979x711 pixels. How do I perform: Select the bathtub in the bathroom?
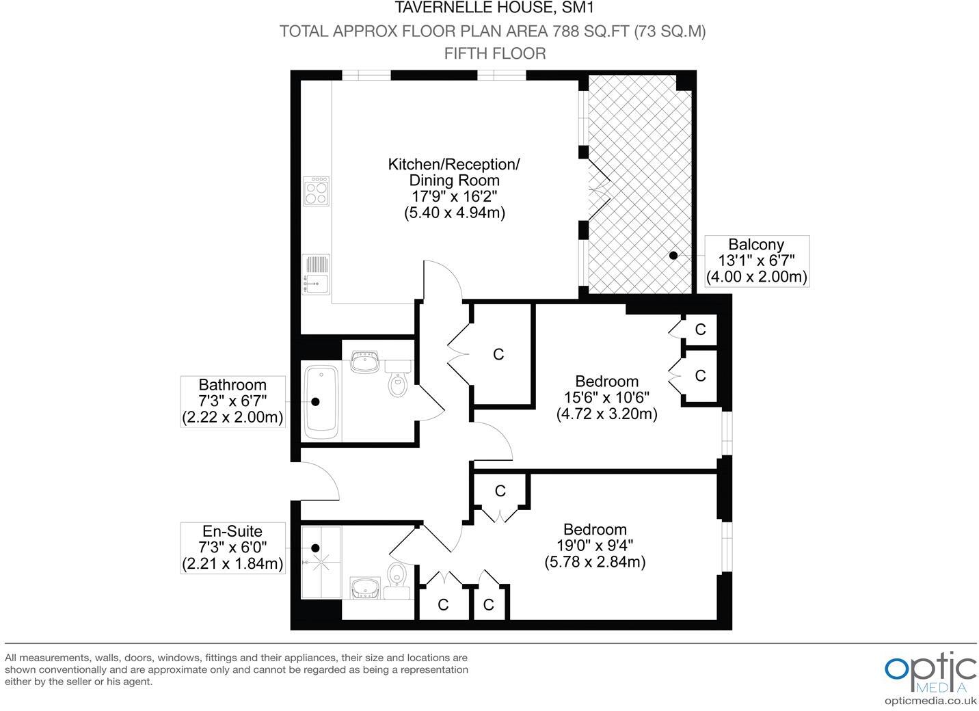321,402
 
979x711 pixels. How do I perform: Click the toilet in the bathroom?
397,381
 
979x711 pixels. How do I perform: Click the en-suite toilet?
396,576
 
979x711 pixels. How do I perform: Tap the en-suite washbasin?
366,587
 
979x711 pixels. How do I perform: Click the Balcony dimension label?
756,260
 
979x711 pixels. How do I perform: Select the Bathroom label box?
232,401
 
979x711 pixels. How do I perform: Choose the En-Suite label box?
232,547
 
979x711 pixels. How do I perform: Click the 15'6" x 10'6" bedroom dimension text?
606,397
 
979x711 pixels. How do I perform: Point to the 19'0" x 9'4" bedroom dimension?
595,546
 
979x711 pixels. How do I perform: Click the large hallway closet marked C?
499,354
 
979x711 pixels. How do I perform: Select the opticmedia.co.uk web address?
930,700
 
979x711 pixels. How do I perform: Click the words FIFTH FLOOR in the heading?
495,53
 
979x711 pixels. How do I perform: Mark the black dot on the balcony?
673,255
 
